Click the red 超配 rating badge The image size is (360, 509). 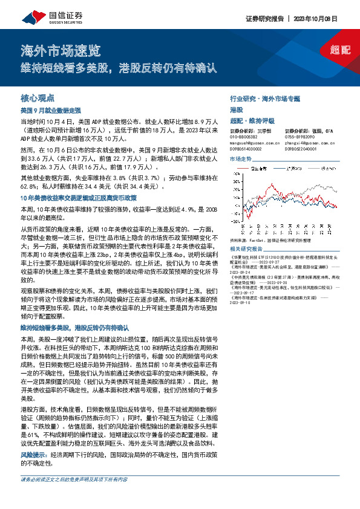pyautogui.click(x=340, y=50)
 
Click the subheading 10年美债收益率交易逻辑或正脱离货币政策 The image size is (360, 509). pyautogui.click(x=79, y=198)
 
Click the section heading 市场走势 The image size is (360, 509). pyautogui.click(x=240, y=158)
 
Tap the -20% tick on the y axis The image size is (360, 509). pyautogui.click(x=235, y=230)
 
